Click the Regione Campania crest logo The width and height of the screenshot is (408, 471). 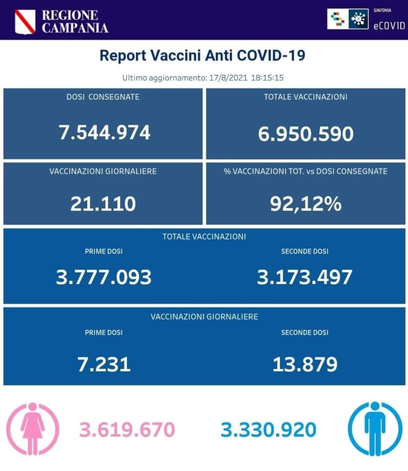24,21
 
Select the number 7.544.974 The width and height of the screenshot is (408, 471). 104,132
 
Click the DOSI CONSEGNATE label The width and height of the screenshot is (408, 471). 103,97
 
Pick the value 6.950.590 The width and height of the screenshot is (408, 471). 305,134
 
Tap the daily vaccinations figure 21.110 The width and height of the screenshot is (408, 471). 103,203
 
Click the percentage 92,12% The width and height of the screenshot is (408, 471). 305,203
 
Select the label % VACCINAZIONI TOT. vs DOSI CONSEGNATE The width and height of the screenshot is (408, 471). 305,172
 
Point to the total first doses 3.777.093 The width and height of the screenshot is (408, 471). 104,277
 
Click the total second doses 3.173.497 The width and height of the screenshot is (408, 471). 304,277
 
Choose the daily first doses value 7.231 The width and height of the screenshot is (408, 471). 104,364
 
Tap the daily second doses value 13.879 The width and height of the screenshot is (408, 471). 304,364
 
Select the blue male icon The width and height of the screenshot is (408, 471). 375,429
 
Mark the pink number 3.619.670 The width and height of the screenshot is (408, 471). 127,430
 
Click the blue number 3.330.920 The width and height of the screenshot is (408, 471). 268,430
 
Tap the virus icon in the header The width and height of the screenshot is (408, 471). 359,19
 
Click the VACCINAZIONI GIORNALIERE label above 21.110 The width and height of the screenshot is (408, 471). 103,172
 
